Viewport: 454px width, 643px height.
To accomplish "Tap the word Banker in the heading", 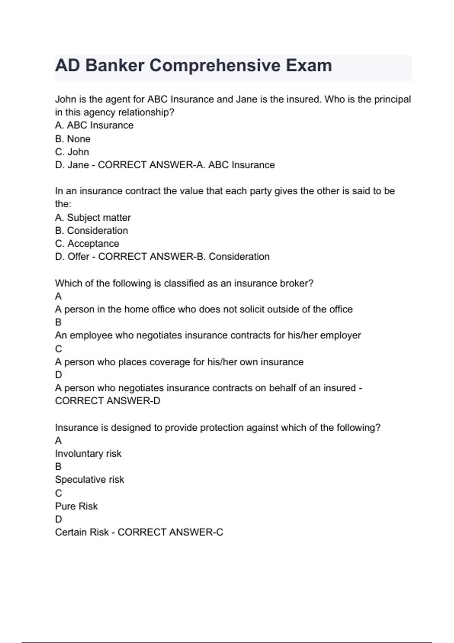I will [115, 65].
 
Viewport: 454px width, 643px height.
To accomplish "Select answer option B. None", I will [73, 139].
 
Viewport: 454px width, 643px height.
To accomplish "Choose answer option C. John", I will [72, 152].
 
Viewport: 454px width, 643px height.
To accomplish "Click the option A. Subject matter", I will [93, 217].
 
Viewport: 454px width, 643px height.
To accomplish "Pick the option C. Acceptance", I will [87, 244].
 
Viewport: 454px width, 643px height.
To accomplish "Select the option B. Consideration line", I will [91, 231].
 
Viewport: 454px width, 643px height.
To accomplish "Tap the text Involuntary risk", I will [88, 454].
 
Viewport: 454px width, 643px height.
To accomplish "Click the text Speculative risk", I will [89, 480].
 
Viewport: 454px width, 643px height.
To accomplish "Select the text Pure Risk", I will [76, 506].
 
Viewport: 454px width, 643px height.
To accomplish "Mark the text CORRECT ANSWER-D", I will [107, 401].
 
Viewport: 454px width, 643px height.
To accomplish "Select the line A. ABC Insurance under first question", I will [94, 126].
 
